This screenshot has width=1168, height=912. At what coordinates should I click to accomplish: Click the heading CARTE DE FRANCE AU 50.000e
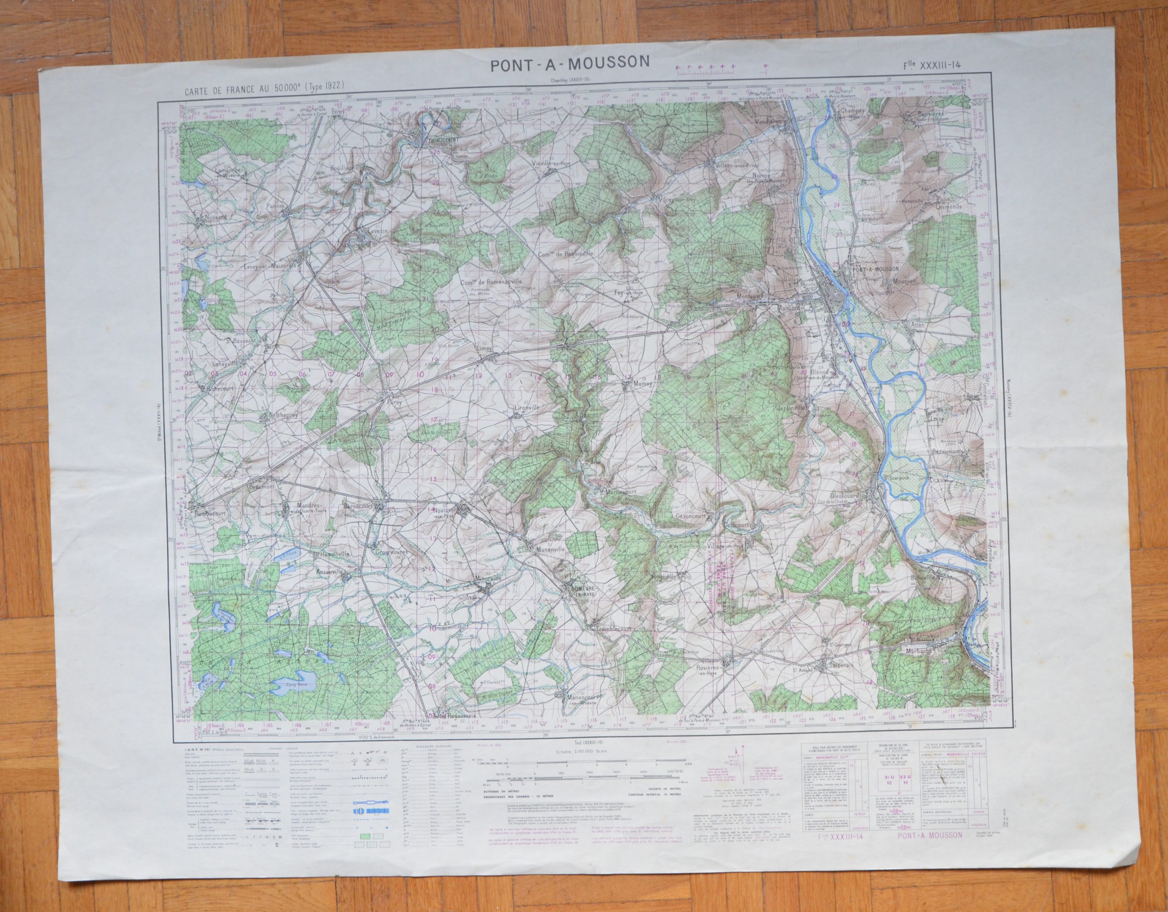click(x=264, y=84)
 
